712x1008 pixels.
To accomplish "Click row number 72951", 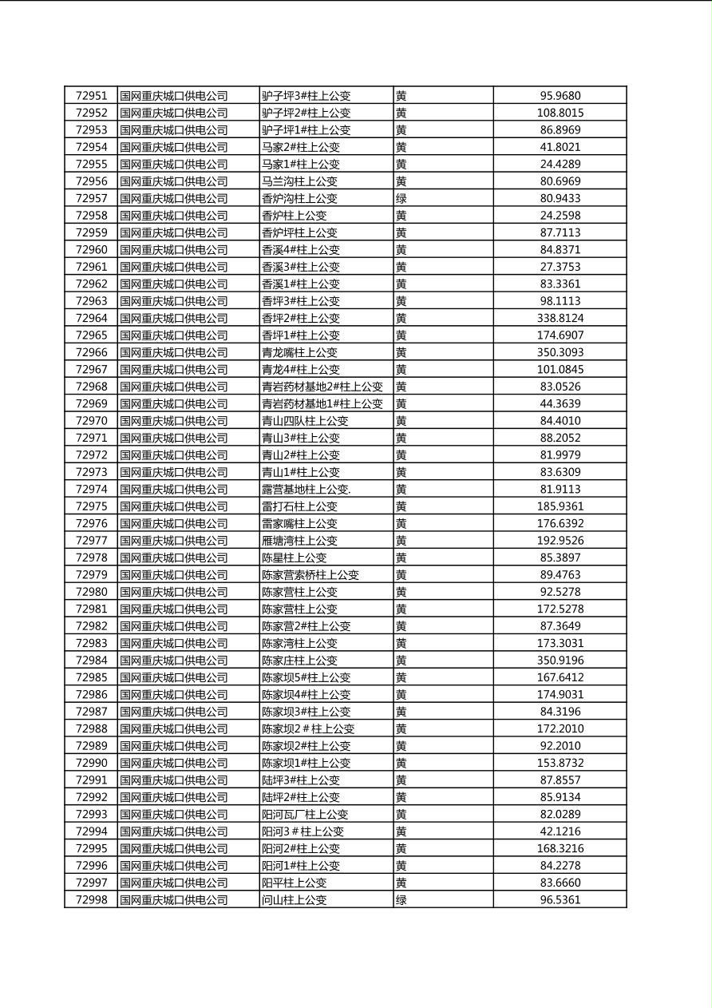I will pyautogui.click(x=91, y=96).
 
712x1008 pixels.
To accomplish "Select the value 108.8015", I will pyautogui.click(x=560, y=113).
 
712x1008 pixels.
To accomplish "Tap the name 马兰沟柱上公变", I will pyautogui.click(x=299, y=181).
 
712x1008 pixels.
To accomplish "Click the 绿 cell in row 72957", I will pyautogui.click(x=401, y=198).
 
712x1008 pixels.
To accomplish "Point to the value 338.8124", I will pyautogui.click(x=560, y=318).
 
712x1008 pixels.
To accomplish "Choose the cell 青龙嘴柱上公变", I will pyautogui.click(x=299, y=352).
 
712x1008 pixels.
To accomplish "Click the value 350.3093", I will pyautogui.click(x=560, y=352).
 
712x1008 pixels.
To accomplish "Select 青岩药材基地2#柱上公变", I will pyautogui.click(x=322, y=387).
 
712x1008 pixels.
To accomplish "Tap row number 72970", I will pyautogui.click(x=91, y=421).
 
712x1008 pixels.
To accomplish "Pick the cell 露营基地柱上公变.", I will pyautogui.click(x=306, y=489).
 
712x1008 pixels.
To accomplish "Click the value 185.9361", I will pyautogui.click(x=560, y=506).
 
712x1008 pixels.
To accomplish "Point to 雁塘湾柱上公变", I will pyautogui.click(x=299, y=541).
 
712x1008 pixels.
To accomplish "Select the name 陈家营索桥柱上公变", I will pyautogui.click(x=311, y=574).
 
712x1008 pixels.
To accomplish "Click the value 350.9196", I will pyautogui.click(x=560, y=660).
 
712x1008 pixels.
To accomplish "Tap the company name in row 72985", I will pyautogui.click(x=174, y=677).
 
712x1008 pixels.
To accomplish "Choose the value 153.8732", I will pyautogui.click(x=560, y=763).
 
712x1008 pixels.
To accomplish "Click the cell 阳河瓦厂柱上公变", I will pyautogui.click(x=305, y=814).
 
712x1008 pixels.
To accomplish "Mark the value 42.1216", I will pyautogui.click(x=560, y=831).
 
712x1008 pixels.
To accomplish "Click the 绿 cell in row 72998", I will pyautogui.click(x=401, y=899).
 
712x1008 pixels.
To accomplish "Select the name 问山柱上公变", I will pyautogui.click(x=294, y=899).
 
